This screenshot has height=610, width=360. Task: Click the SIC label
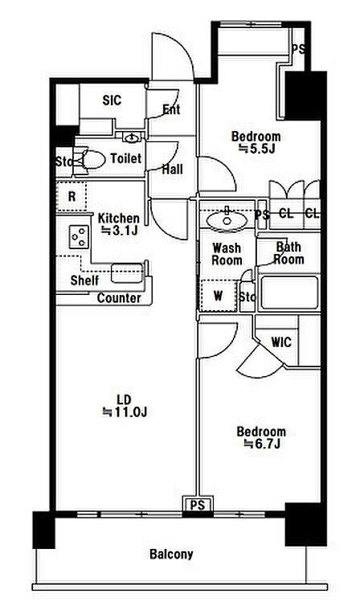click(x=112, y=100)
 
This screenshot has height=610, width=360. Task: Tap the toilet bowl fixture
click(x=90, y=159)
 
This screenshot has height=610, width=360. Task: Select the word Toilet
click(x=126, y=158)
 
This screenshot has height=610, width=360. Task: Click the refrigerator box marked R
click(x=72, y=196)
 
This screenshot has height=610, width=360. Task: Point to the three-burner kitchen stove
click(x=80, y=237)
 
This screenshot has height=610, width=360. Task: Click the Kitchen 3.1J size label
click(x=119, y=224)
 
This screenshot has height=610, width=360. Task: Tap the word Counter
click(x=119, y=298)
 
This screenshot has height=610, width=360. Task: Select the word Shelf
click(x=84, y=280)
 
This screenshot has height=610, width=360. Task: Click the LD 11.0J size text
click(x=125, y=406)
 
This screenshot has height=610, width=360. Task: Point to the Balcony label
click(x=171, y=554)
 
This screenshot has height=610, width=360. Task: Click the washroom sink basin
click(x=227, y=221)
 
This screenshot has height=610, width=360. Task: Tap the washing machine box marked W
click(x=218, y=296)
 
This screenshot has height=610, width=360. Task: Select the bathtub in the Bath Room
click(x=289, y=293)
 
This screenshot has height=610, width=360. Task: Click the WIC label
click(x=281, y=342)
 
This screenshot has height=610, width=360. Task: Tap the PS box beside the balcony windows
click(x=198, y=505)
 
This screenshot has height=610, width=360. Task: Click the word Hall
click(x=172, y=170)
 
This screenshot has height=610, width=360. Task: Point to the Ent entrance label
click(x=171, y=110)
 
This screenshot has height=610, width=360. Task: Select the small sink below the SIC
click(x=132, y=137)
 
